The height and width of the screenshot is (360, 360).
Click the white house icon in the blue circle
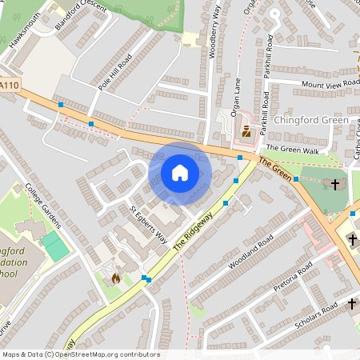click(180, 173)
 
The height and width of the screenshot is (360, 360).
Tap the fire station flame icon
click(116, 279)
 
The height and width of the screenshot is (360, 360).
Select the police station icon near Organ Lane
click(246, 131)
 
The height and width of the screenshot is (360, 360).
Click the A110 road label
click(9, 85)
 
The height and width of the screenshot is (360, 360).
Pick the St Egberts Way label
click(148, 225)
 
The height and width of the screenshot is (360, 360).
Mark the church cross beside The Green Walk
click(335, 184)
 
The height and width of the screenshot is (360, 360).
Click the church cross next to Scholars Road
click(351, 304)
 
